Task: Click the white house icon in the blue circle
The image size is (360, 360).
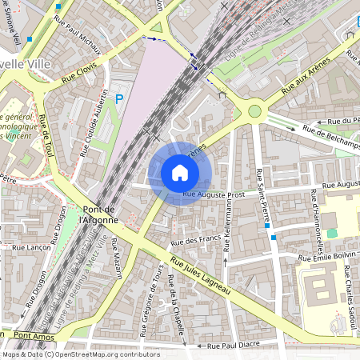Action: [x=180, y=172]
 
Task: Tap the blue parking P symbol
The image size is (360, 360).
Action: [x=119, y=99]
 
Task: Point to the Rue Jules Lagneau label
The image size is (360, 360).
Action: [x=201, y=277]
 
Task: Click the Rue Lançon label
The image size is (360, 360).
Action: [x=31, y=248]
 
